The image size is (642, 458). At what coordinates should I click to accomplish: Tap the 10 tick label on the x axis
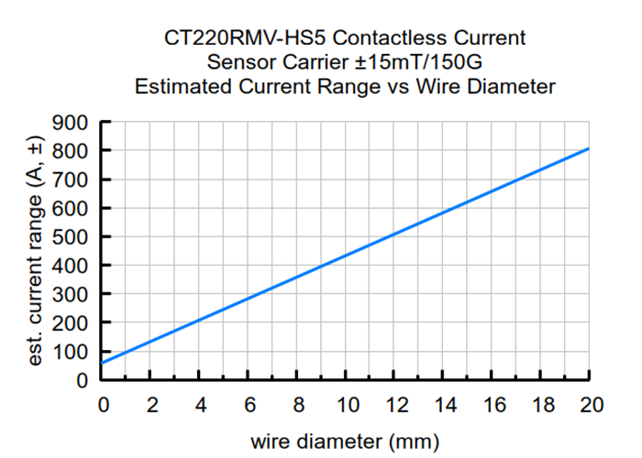click(346, 404)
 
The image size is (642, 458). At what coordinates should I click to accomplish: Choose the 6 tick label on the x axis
click(249, 404)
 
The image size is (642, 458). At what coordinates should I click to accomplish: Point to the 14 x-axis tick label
click(443, 404)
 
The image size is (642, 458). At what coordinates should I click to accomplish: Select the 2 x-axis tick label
click(151, 404)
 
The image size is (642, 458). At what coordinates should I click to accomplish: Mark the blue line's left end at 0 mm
click(103, 363)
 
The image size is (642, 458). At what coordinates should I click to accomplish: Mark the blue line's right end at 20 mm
click(588, 148)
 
